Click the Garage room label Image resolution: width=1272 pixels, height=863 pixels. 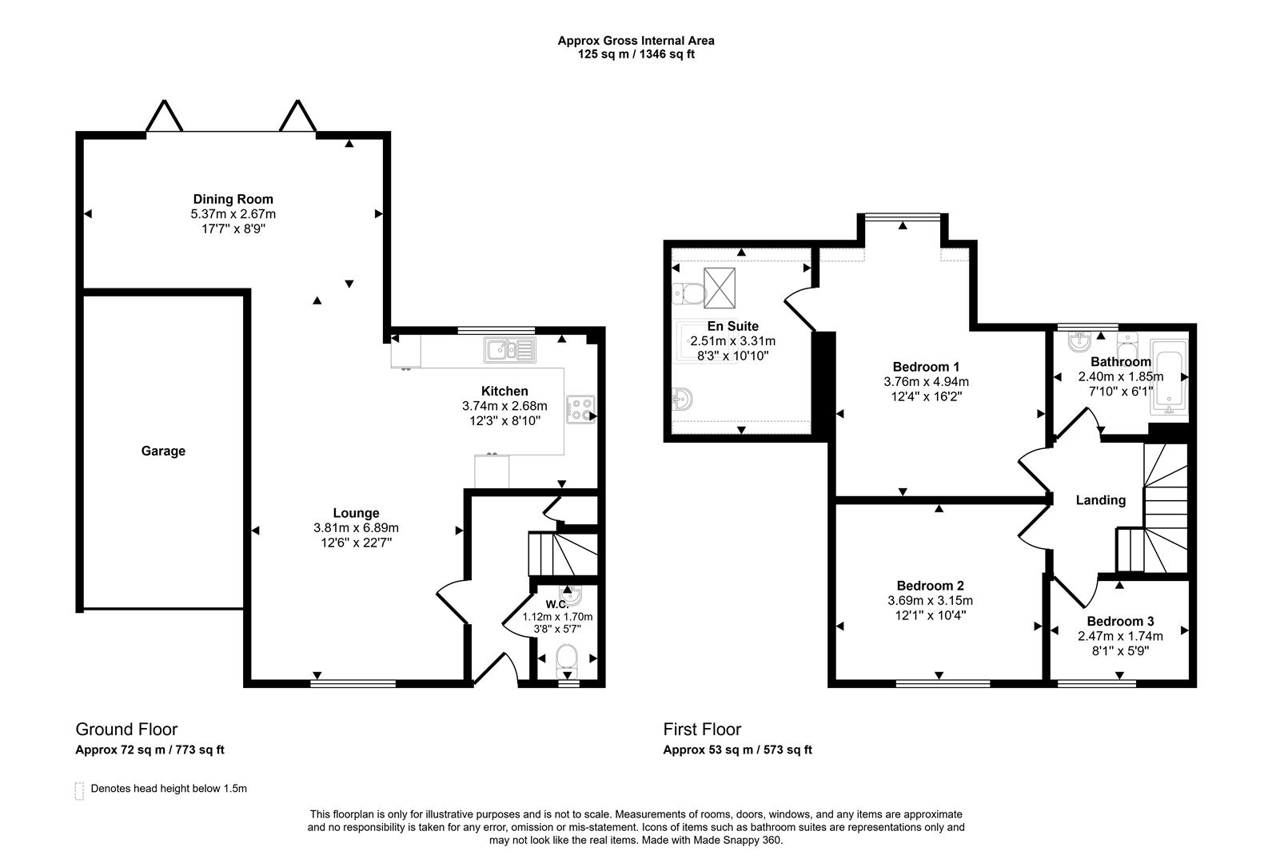pos(163,451)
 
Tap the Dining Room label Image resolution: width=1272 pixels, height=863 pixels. pos(233,199)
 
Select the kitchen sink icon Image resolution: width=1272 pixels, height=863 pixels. pos(508,350)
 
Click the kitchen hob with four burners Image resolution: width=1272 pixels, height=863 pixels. pos(580,409)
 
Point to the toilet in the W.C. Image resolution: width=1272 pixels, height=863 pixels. pos(567,660)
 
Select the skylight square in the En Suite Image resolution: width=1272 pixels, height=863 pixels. pos(719,288)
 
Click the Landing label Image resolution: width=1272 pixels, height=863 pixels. pos(1100,500)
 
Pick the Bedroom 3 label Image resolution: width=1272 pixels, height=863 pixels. pos(1120,621)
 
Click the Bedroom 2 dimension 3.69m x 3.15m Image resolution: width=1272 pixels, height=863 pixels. pos(930,601)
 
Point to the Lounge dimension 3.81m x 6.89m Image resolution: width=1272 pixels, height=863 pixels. pos(356,527)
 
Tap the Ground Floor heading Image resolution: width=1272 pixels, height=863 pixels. pos(126,729)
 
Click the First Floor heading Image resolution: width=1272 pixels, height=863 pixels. pos(702,729)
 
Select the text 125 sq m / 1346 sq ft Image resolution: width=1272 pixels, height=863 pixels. pos(636,54)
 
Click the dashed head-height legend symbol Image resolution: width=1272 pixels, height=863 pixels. pos(79,790)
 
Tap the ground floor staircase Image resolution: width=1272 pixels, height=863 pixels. pos(562,554)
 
